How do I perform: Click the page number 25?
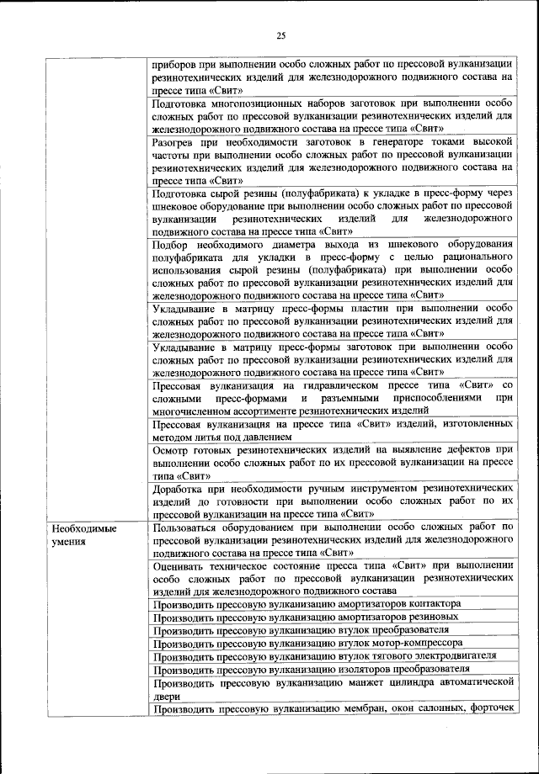281,34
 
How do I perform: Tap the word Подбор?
173,244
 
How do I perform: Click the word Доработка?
180,488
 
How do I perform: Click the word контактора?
430,604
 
